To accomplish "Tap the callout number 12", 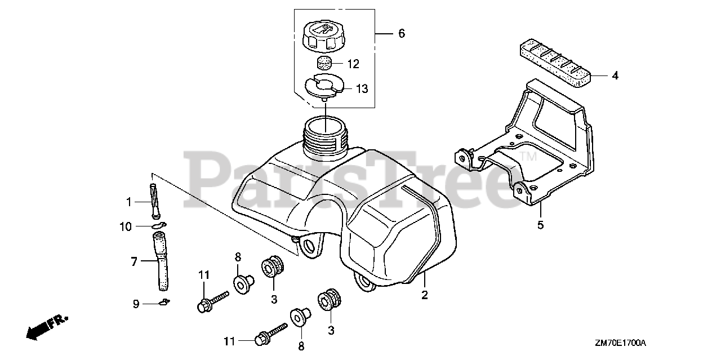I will click(x=353, y=64).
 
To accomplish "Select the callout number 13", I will click(x=361, y=88).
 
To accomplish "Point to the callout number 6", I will click(x=401, y=34).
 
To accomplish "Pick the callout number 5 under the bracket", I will click(x=540, y=225).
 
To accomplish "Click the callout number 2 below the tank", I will click(x=425, y=294).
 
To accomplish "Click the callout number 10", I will click(x=125, y=226).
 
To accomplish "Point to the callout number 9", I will click(x=136, y=304).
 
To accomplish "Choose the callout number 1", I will click(x=128, y=201).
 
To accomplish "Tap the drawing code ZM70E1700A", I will click(x=620, y=343).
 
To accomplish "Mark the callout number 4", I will click(x=615, y=75).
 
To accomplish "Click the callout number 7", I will click(x=134, y=261).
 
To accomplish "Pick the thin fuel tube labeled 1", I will click(x=154, y=200).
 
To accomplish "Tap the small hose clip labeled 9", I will click(x=164, y=303).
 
